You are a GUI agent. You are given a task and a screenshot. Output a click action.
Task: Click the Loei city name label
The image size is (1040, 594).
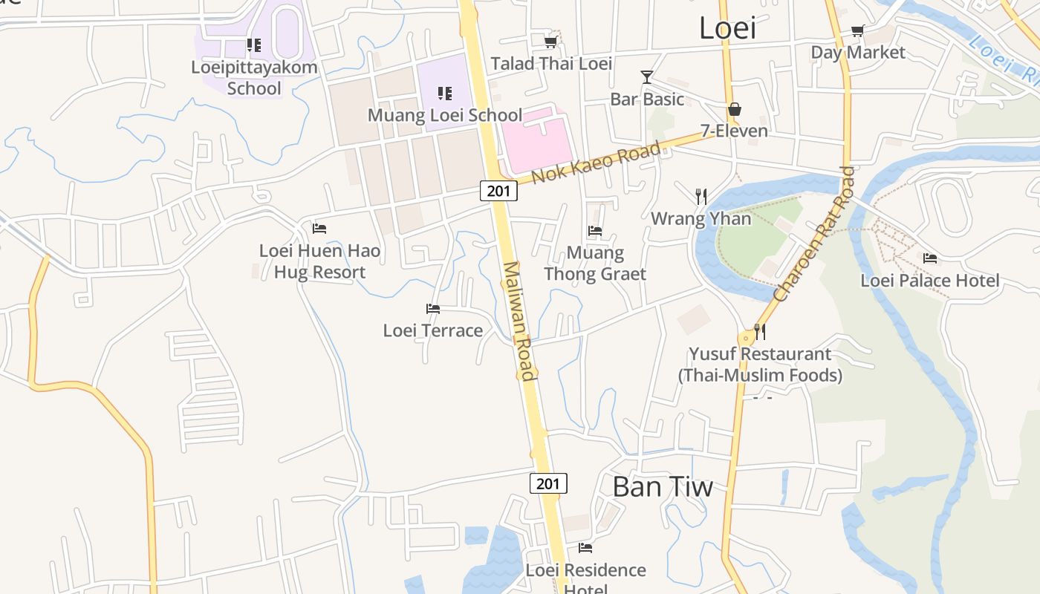[727, 28]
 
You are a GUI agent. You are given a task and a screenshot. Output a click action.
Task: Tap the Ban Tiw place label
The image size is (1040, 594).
[662, 487]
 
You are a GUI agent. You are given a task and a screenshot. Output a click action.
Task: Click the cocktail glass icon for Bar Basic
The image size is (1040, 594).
[647, 77]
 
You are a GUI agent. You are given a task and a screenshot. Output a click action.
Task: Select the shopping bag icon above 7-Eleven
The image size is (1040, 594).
[734, 110]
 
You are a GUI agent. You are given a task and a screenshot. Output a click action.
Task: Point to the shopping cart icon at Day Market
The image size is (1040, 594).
[858, 31]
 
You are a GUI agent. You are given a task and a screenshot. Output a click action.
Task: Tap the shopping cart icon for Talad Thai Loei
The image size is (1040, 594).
[550, 42]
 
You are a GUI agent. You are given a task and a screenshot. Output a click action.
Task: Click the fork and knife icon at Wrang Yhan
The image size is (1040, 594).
[701, 196]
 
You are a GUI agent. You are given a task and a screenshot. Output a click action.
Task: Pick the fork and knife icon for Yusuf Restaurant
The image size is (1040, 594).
[759, 331]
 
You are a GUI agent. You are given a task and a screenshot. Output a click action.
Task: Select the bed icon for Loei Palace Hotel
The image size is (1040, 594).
[930, 258]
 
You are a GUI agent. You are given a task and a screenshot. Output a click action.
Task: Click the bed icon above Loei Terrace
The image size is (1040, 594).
[433, 309]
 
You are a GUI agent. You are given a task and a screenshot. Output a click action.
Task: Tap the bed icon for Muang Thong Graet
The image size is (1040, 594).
[595, 231]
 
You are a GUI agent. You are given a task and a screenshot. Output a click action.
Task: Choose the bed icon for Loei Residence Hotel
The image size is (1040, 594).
[585, 548]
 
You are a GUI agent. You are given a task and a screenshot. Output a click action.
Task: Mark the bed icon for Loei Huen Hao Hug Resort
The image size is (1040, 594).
[319, 229]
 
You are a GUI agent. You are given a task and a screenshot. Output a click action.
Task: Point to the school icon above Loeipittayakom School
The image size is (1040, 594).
[254, 45]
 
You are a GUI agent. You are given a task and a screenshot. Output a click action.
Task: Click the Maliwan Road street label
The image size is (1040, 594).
[519, 321]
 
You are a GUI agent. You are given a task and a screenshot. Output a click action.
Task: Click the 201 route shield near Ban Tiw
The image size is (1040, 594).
[548, 483]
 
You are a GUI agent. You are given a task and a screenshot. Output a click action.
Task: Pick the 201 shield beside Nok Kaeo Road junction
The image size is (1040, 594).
[498, 191]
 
